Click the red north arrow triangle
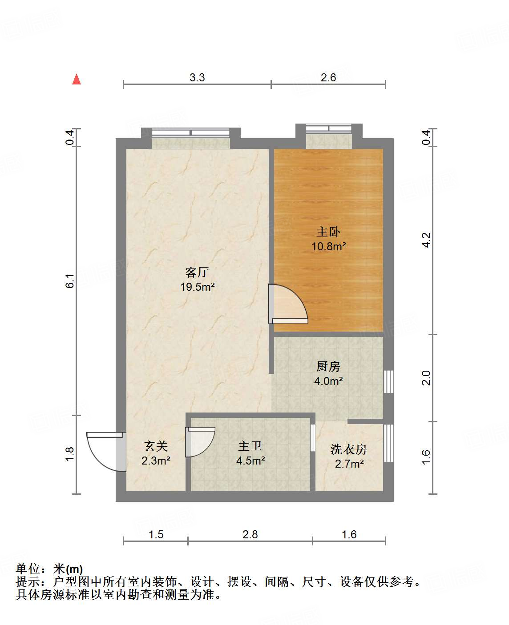click(x=77, y=79)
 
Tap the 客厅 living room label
click(x=197, y=272)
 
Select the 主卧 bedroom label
click(x=328, y=232)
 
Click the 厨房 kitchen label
click(x=328, y=366)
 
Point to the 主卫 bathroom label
click(x=250, y=446)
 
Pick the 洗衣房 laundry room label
click(x=349, y=449)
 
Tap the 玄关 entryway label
click(x=156, y=446)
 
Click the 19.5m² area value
click(x=197, y=287)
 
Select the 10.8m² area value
click(x=328, y=246)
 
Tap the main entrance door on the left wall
click(x=105, y=451)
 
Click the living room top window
click(x=190, y=132)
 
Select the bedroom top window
click(x=328, y=129)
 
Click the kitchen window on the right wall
click(x=388, y=381)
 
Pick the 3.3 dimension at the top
click(x=197, y=78)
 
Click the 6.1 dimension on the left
click(x=70, y=281)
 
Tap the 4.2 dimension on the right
click(x=426, y=240)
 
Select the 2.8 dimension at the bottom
click(x=250, y=534)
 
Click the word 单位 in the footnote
click(x=28, y=569)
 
